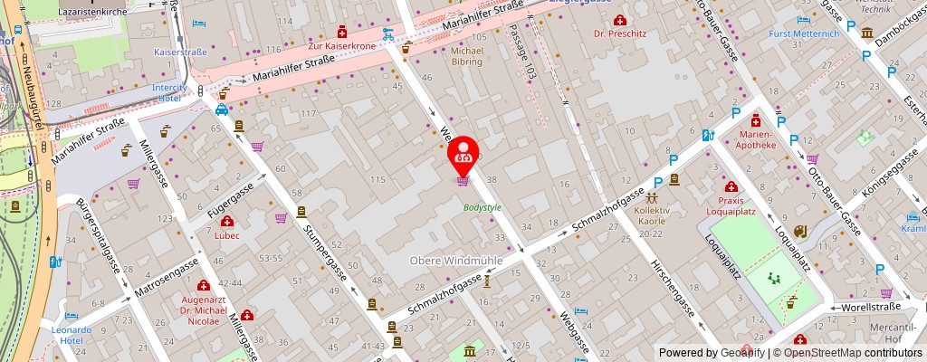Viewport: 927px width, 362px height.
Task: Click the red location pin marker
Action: [463, 155]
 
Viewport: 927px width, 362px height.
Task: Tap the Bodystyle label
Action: [482, 207]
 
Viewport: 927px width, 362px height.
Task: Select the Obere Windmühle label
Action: [456, 261]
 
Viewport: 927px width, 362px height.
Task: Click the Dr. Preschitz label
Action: [620, 33]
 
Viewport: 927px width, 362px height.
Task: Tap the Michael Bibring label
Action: [468, 57]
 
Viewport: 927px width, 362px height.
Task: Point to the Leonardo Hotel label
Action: [71, 336]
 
